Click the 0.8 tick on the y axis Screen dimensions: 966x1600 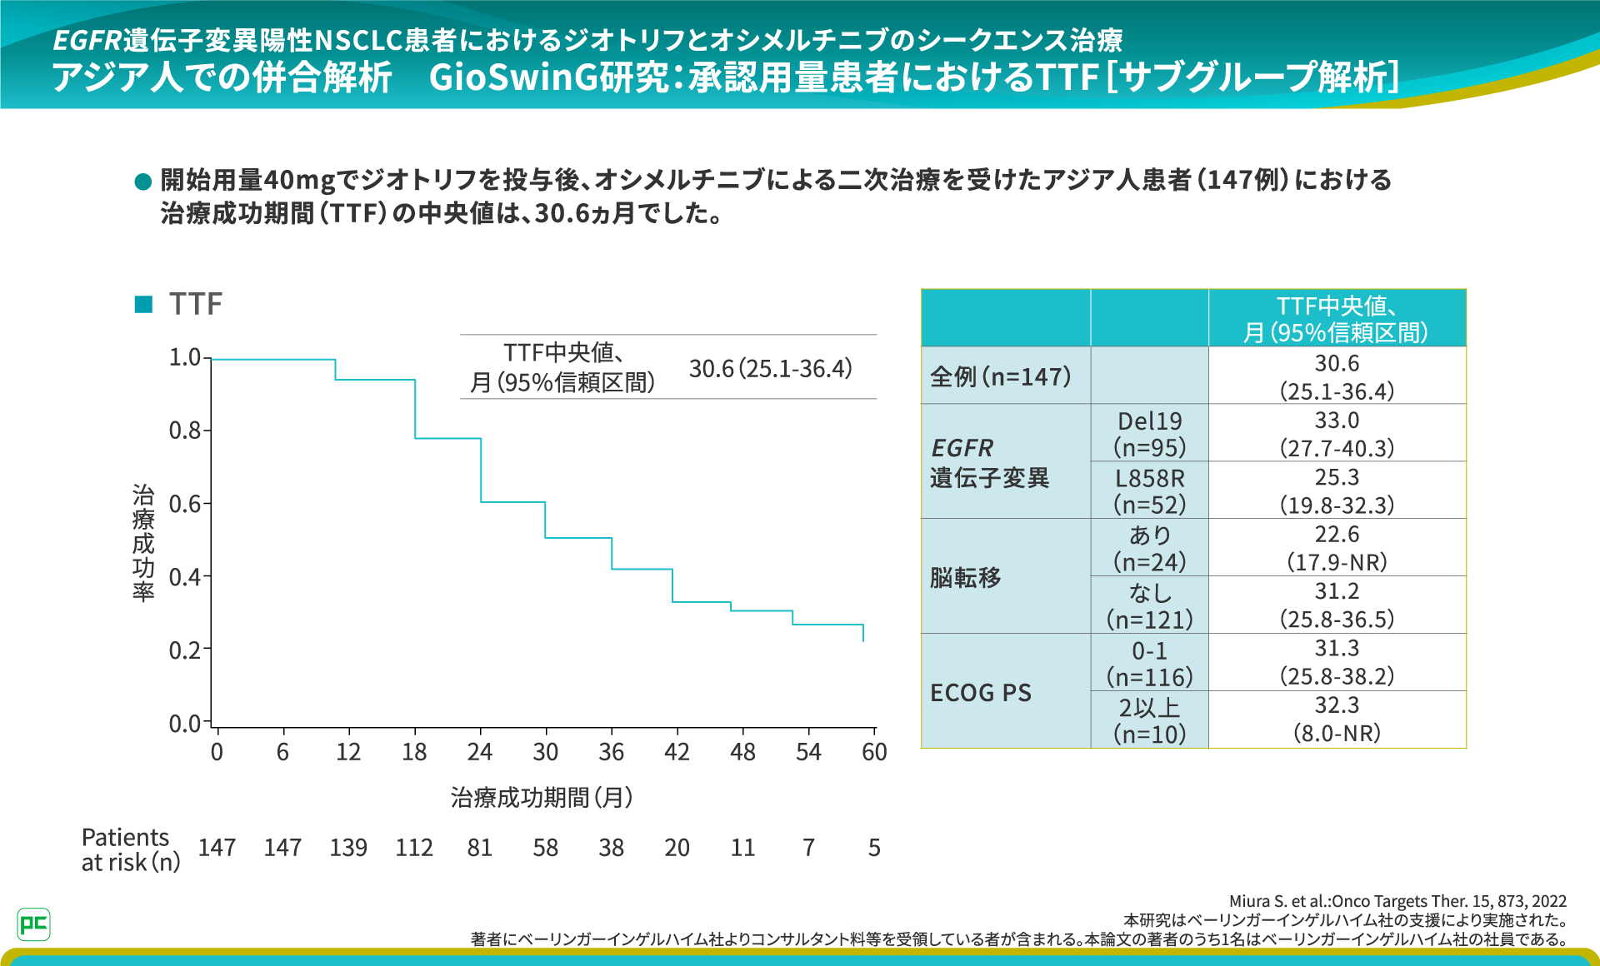[185, 431]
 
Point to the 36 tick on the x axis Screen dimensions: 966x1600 [611, 752]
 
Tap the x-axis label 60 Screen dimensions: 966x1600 [874, 752]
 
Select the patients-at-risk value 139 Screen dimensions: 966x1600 [348, 848]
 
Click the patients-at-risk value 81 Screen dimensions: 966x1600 [480, 848]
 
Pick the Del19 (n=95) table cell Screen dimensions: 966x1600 [1149, 434]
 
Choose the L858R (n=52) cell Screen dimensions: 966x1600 [1149, 490]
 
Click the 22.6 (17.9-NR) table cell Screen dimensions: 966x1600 [1337, 548]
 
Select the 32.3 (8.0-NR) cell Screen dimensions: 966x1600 [1337, 720]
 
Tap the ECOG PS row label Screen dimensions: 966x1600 [981, 693]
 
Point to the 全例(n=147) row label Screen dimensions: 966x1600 [1001, 376]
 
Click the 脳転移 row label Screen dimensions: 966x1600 [966, 577]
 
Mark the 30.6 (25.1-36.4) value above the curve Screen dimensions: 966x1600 [771, 368]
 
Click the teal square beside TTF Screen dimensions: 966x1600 [143, 304]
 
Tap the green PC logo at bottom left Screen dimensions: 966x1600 [33, 924]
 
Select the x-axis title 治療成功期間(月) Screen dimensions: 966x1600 [542, 798]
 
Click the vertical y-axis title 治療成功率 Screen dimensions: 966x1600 [143, 542]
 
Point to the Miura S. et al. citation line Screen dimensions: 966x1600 [1397, 901]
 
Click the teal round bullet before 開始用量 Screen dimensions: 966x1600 [142, 181]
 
